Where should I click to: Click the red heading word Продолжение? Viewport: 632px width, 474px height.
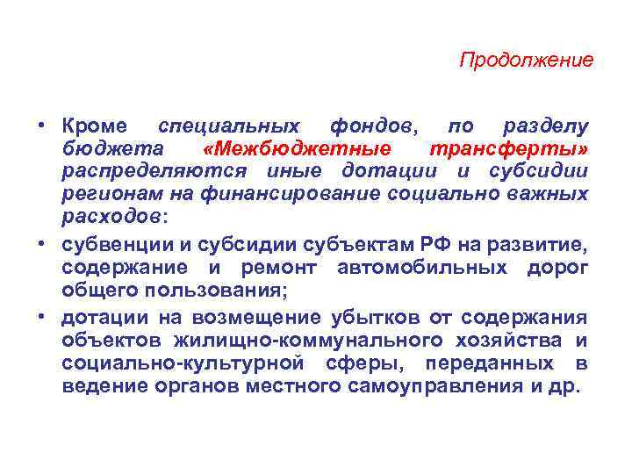(527, 61)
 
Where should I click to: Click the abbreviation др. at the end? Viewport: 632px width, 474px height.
(568, 385)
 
